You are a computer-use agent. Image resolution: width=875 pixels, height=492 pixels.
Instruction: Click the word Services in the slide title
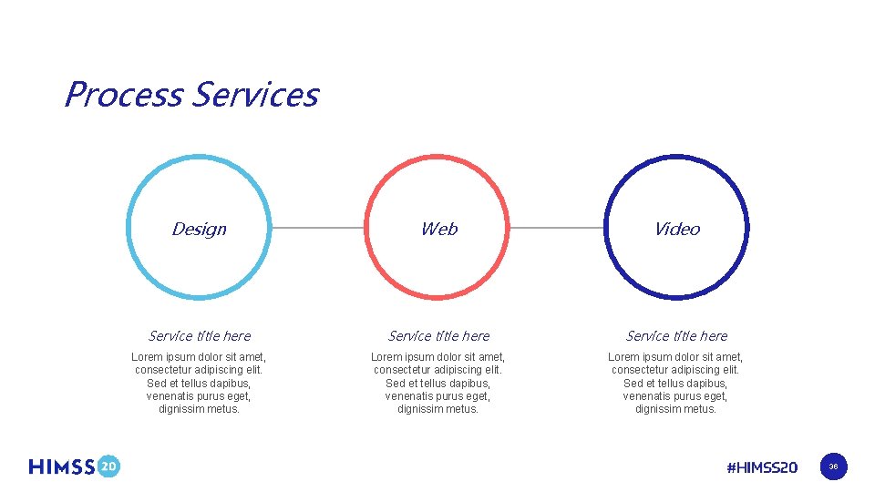256,95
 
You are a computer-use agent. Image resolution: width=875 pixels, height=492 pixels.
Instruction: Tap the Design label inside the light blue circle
199,229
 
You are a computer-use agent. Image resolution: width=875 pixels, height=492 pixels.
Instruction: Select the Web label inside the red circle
438,229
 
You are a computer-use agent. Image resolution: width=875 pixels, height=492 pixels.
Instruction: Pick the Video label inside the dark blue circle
676,229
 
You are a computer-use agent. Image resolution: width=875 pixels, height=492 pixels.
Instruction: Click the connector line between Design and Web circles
318,228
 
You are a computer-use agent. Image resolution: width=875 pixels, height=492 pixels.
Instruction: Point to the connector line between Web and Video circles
556,228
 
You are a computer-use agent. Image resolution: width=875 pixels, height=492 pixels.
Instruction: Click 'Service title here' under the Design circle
199,335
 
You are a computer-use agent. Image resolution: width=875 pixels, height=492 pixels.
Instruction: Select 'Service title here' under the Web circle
438,335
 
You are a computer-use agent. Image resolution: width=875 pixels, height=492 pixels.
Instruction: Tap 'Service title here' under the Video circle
676,335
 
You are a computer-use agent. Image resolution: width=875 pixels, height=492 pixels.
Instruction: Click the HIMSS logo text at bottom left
62,466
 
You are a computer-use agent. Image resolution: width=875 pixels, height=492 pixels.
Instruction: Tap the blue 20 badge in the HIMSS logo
108,466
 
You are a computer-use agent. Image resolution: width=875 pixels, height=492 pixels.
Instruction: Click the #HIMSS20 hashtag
762,467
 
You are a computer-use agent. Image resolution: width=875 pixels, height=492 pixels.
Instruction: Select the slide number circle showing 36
833,467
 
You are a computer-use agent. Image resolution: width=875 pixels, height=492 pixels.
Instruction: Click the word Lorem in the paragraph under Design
148,357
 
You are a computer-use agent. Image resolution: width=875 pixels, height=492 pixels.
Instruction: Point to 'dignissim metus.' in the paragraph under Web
438,409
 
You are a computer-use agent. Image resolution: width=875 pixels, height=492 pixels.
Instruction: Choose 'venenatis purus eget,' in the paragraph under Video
676,396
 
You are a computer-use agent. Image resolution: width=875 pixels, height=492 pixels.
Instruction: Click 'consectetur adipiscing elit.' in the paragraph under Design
199,370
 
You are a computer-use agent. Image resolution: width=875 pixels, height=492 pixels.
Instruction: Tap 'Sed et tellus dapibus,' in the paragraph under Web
438,384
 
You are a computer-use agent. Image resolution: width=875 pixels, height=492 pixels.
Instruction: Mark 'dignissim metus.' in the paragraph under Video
676,409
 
